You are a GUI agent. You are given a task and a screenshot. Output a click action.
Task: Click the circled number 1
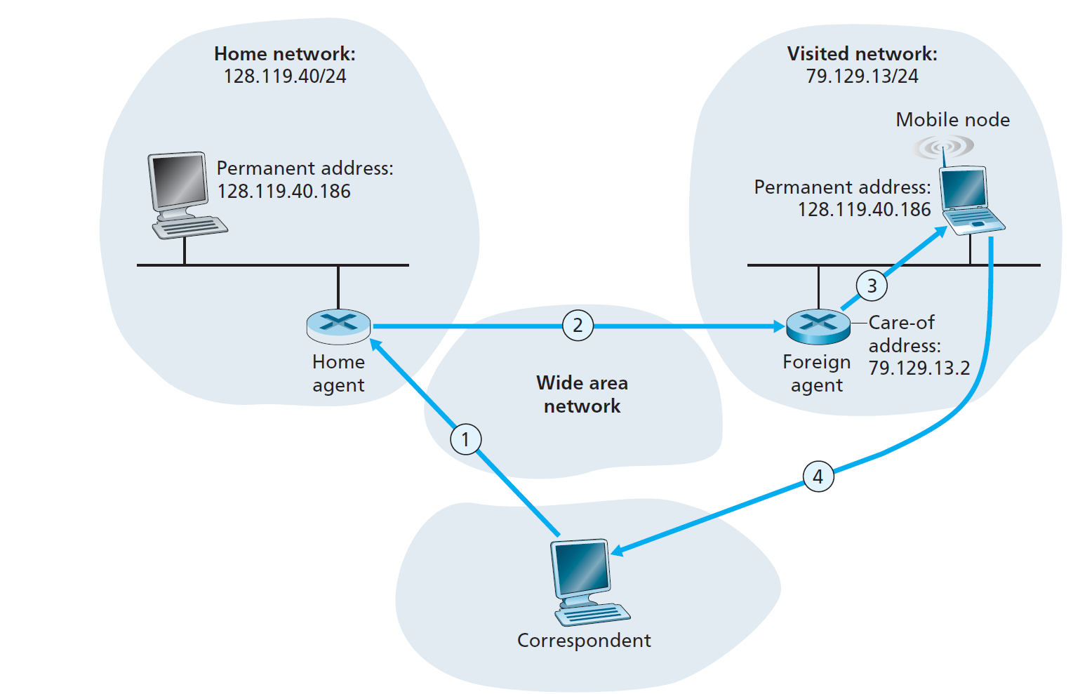click(465, 439)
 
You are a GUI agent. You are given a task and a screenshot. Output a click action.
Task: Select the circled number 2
click(578, 326)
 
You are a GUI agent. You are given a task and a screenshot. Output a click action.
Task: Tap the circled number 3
click(872, 286)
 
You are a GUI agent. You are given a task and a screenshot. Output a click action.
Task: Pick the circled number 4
click(818, 476)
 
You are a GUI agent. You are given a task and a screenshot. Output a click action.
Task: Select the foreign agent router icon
click(818, 326)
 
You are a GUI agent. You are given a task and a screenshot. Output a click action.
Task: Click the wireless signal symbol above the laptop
click(944, 147)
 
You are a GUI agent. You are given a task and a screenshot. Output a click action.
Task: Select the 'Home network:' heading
click(285, 54)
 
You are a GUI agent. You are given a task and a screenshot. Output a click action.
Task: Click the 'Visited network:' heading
click(862, 54)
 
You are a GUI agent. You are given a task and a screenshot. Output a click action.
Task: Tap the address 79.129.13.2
click(919, 368)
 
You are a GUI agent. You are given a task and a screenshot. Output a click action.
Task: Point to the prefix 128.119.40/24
click(285, 76)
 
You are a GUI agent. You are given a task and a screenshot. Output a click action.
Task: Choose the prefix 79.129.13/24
click(862, 76)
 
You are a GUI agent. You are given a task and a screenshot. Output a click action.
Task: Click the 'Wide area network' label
click(582, 394)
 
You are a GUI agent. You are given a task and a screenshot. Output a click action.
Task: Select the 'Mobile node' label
click(952, 120)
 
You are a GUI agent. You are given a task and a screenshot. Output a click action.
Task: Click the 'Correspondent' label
click(584, 641)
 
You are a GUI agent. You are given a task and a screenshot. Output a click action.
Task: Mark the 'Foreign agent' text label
click(816, 373)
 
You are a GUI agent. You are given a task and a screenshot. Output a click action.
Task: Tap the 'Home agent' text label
click(338, 373)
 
